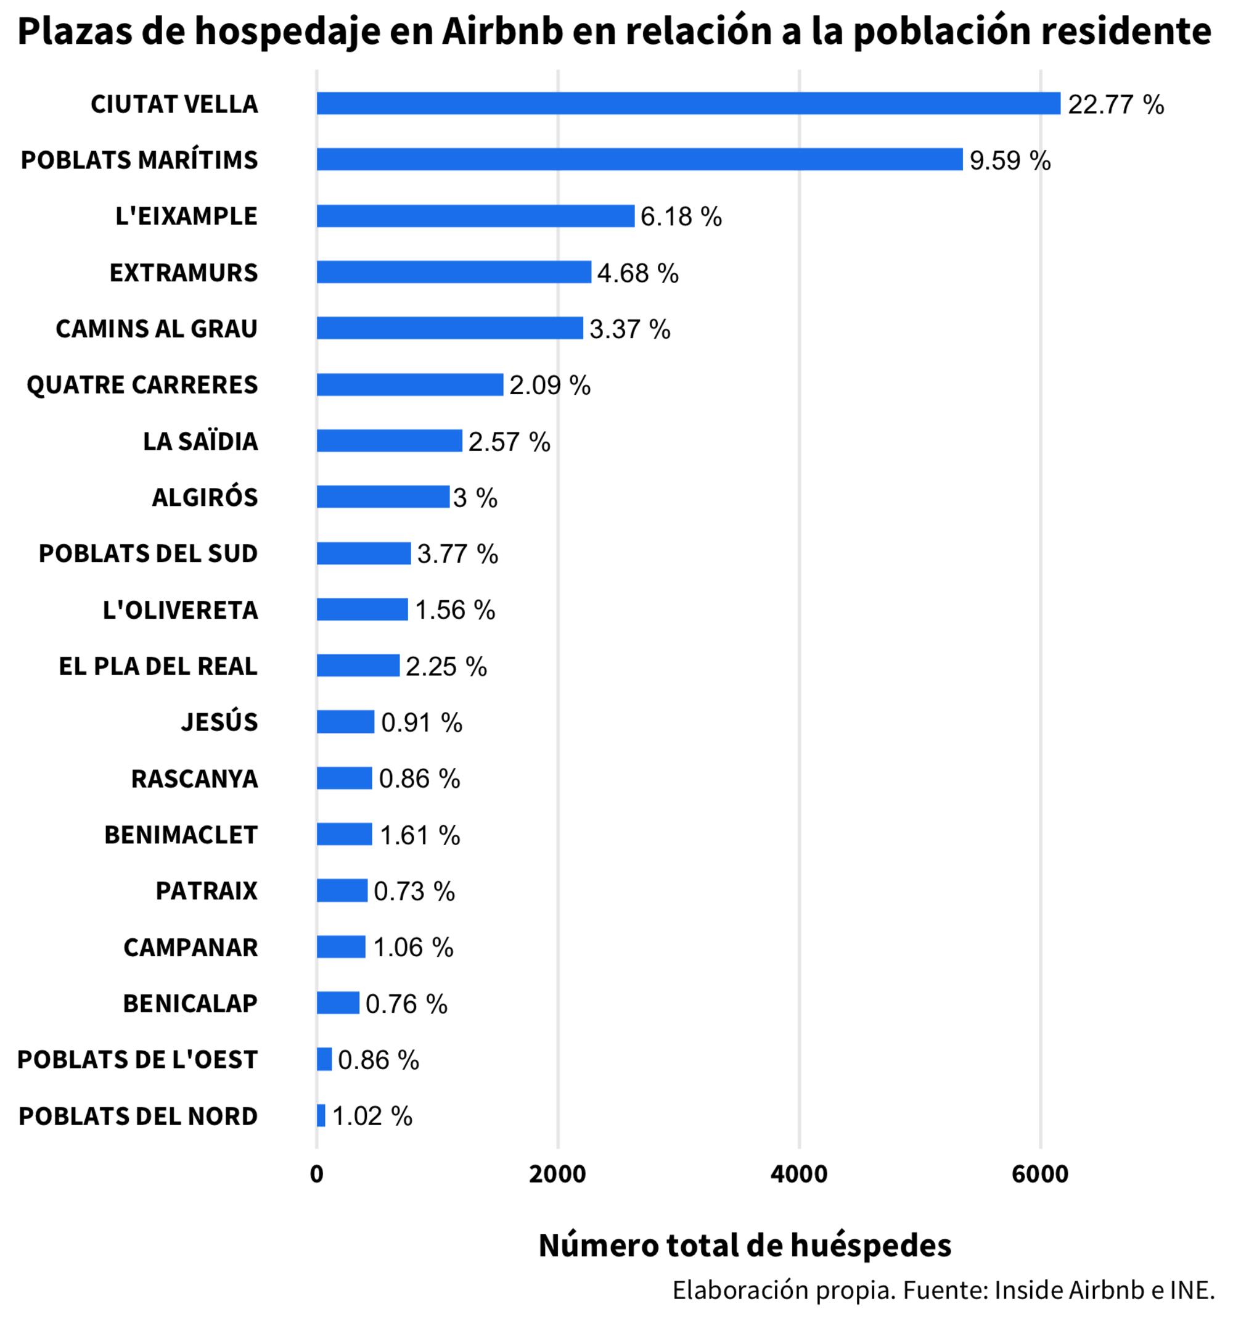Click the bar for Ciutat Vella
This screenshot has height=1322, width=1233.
click(x=688, y=103)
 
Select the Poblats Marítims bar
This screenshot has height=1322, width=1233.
click(x=639, y=160)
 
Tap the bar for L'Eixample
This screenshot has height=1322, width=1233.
click(x=475, y=216)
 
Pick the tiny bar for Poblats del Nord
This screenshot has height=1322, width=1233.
click(x=321, y=1115)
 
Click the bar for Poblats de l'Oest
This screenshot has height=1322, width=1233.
click(x=324, y=1059)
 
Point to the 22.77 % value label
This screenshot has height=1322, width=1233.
click(x=1115, y=104)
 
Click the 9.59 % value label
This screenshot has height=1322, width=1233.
click(x=1010, y=160)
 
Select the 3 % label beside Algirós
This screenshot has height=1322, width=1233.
click(x=475, y=497)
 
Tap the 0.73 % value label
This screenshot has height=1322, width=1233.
click(x=414, y=891)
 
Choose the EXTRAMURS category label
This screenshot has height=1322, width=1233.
click(x=184, y=273)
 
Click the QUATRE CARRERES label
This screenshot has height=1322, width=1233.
click(x=142, y=385)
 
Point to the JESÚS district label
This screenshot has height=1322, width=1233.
click(x=219, y=722)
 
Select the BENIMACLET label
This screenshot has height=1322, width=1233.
click(x=181, y=835)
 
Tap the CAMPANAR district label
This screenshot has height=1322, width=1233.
click(x=190, y=947)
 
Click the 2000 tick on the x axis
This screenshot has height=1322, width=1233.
click(x=557, y=1175)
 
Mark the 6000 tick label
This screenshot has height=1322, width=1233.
click(x=1039, y=1175)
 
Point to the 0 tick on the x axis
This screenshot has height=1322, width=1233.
click(x=316, y=1175)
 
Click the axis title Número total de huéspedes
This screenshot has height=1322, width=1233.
click(x=745, y=1245)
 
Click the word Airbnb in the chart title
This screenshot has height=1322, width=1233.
click(x=502, y=31)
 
